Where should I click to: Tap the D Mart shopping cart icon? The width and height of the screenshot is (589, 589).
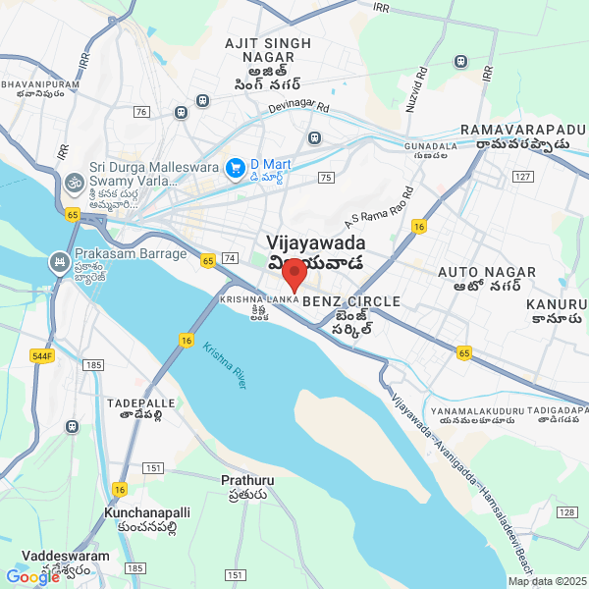[x=235, y=170]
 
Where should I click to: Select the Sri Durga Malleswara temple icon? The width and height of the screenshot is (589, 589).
[x=75, y=182]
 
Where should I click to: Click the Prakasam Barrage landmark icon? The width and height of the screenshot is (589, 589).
[x=59, y=262]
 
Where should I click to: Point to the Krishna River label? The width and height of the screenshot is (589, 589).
[x=225, y=364]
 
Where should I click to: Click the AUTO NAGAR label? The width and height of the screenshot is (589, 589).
[x=487, y=272]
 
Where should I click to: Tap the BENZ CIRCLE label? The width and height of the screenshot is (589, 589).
[x=339, y=300]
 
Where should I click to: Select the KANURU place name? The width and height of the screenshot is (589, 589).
[x=556, y=305]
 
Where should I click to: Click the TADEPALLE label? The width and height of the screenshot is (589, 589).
[x=140, y=403]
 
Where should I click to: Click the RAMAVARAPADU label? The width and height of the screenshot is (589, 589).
[x=529, y=130]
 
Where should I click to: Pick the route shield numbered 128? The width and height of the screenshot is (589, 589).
[x=566, y=512]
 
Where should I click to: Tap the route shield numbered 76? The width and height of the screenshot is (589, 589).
[x=142, y=112]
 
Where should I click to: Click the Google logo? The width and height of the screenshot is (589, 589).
[x=32, y=577]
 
